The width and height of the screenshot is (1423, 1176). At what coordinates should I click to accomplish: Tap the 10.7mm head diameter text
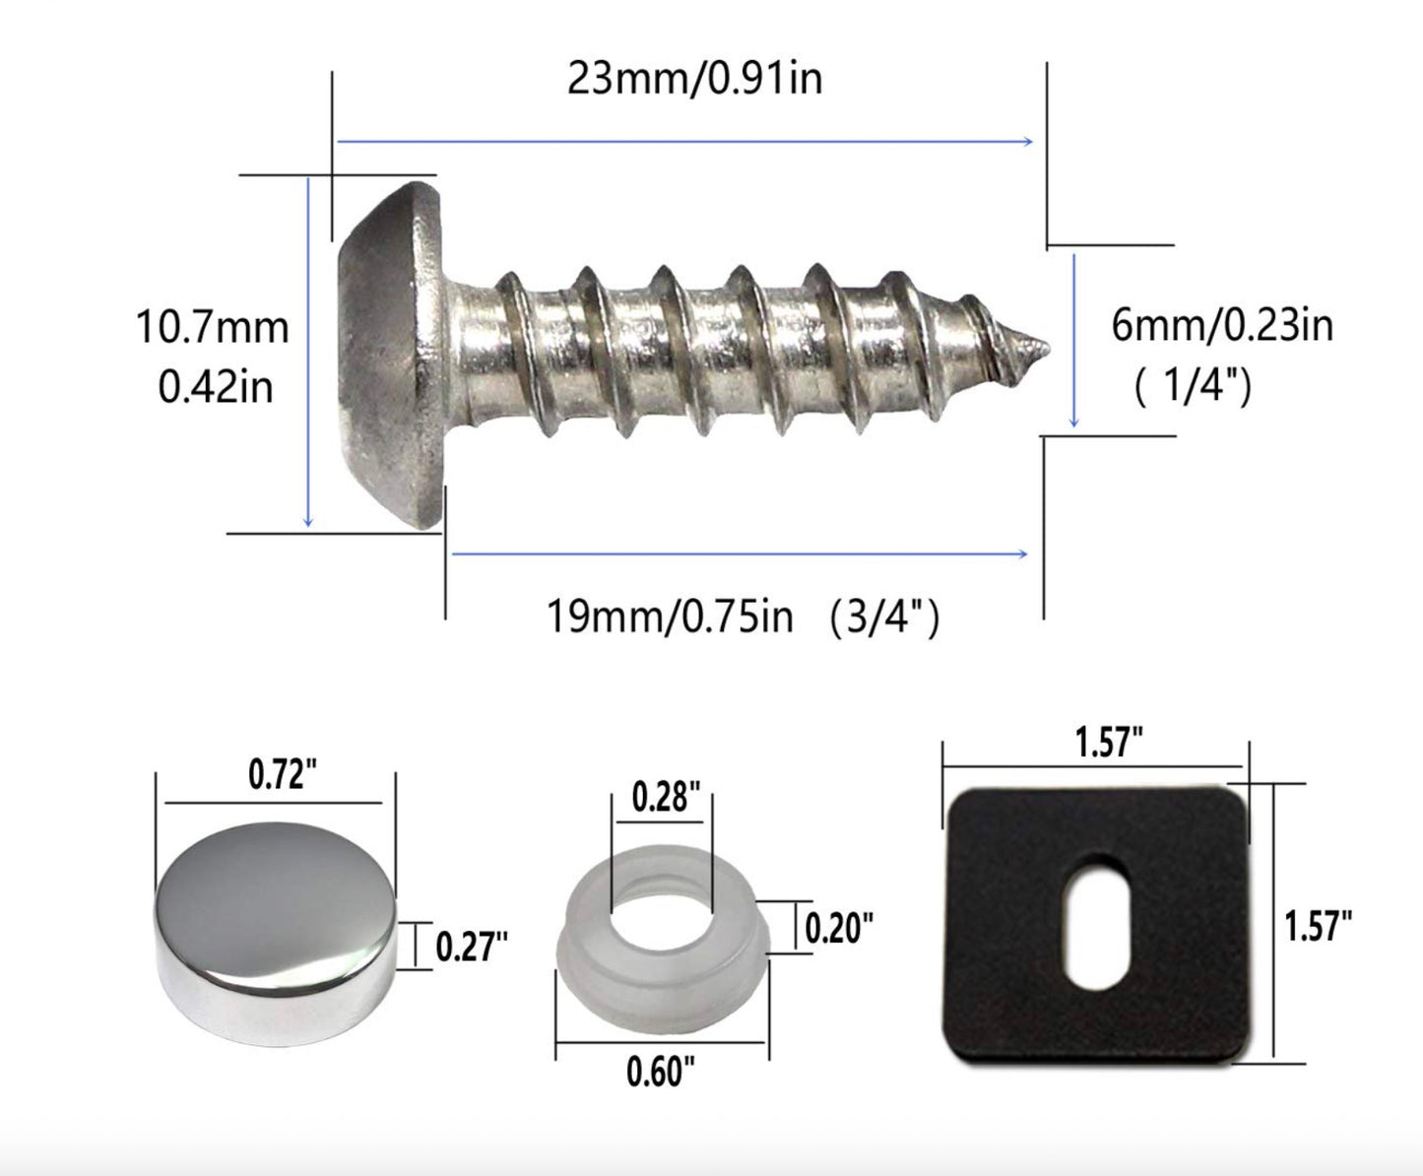213,328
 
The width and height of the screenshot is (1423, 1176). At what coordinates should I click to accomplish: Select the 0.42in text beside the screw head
215,387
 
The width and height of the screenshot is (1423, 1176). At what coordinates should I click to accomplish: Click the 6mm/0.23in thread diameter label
1222,325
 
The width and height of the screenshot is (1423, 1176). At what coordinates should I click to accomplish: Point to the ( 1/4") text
1193,387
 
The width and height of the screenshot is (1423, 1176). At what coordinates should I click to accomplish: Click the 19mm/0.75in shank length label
670,618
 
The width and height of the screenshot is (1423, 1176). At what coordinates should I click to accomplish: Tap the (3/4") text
882,619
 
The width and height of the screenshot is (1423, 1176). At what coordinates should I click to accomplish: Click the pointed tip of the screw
1041,347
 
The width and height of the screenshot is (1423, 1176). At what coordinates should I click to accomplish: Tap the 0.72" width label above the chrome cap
282,775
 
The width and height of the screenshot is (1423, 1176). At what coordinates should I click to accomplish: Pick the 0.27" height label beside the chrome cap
472,947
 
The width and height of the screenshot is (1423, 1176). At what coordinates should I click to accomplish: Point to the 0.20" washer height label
839,927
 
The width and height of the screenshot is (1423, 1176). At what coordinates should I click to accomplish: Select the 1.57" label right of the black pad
1318,927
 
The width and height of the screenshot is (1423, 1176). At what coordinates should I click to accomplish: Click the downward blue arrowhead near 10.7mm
308,521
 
